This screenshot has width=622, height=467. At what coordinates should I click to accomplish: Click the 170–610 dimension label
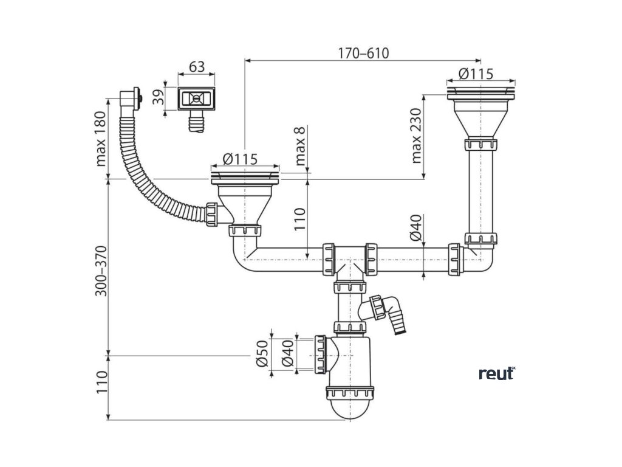click(363, 53)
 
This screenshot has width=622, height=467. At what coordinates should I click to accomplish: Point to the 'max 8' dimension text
click(300, 147)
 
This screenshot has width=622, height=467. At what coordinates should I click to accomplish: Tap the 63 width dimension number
click(196, 67)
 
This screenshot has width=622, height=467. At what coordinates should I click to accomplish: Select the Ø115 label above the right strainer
click(476, 74)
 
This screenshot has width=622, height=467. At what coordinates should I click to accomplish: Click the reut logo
click(496, 373)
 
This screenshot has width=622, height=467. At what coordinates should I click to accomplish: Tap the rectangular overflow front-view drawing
click(196, 98)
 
